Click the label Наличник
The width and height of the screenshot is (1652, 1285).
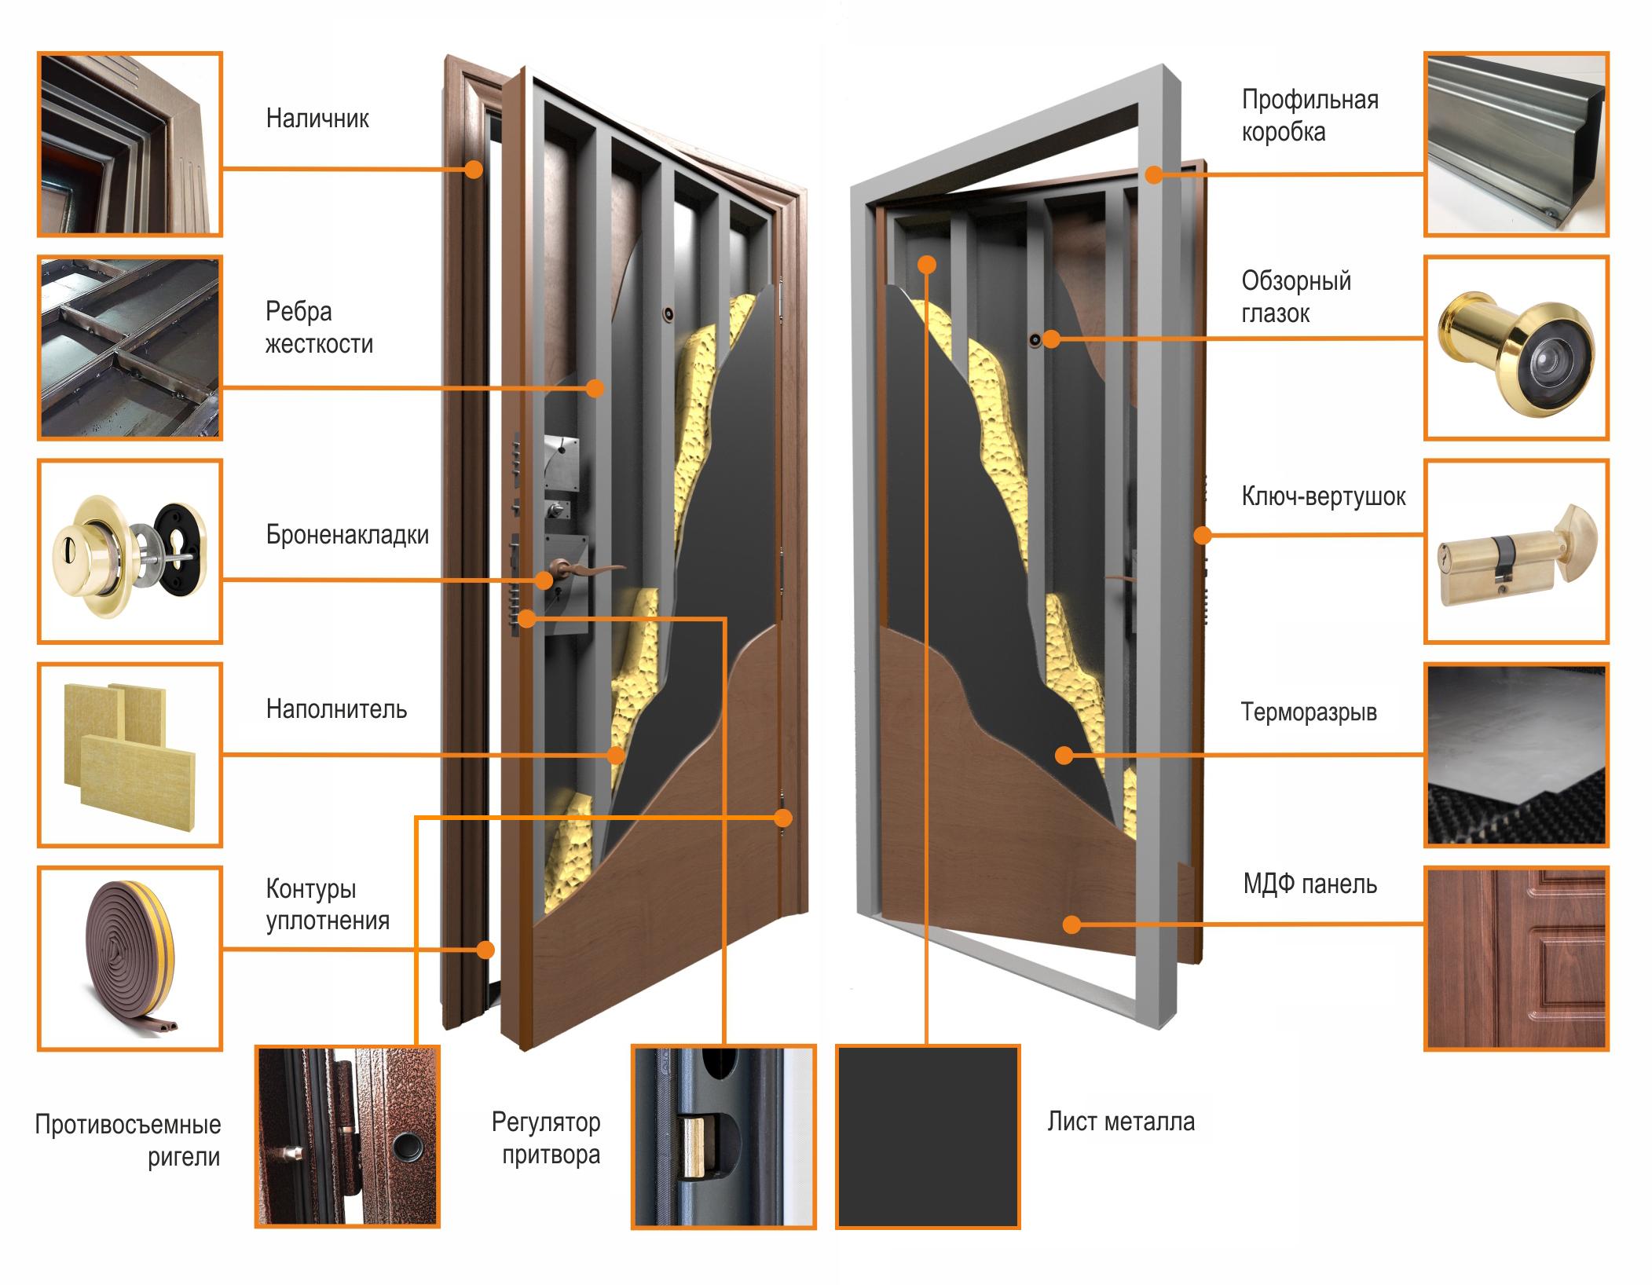click(317, 119)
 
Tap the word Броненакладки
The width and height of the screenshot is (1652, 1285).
click(347, 535)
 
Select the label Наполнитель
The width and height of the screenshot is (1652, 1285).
click(336, 709)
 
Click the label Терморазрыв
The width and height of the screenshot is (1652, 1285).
click(1309, 712)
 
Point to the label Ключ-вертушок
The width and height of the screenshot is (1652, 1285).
click(1324, 496)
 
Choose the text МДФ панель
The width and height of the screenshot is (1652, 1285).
click(1310, 884)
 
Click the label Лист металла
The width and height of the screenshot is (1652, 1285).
click(1121, 1122)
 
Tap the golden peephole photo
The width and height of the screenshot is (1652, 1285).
click(1517, 347)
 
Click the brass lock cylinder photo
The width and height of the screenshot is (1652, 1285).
click(1517, 551)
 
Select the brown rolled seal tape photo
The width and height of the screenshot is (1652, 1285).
click(130, 958)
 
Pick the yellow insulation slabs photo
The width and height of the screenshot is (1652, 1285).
click(130, 755)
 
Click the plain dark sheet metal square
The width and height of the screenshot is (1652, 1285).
click(928, 1137)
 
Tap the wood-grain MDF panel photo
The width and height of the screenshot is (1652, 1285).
click(1517, 958)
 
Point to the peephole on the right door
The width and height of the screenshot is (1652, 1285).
click(1035, 339)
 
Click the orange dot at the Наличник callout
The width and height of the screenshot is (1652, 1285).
click(474, 169)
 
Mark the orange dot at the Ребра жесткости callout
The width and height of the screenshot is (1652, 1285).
click(595, 387)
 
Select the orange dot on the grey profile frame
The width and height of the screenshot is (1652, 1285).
click(1153, 174)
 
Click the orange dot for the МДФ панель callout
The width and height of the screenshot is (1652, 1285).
click(1072, 924)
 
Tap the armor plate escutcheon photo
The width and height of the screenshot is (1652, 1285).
click(130, 551)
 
